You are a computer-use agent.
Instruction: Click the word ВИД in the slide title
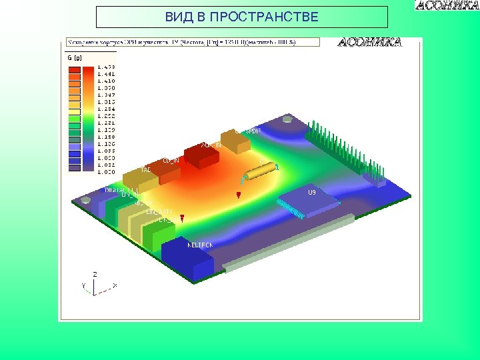pyautogui.click(x=177, y=17)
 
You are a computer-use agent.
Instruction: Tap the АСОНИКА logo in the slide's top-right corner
pyautogui.click(x=447, y=6)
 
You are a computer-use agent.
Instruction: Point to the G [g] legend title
pyautogui.click(x=74, y=58)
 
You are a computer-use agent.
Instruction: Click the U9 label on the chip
pyautogui.click(x=311, y=193)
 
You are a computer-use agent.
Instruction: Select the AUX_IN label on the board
pyautogui.click(x=211, y=145)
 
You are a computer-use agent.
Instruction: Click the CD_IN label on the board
pyautogui.click(x=171, y=161)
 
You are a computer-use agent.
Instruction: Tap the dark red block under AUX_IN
pyautogui.click(x=201, y=157)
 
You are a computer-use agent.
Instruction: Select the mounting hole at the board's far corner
pyautogui.click(x=287, y=120)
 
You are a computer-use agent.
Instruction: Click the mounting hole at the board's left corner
pyautogui.click(x=85, y=199)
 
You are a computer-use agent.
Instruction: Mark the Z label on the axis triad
pyautogui.click(x=95, y=274)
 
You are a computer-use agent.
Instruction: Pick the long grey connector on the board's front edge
pyautogui.click(x=287, y=243)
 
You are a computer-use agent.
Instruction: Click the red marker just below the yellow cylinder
pyautogui.click(x=239, y=195)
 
